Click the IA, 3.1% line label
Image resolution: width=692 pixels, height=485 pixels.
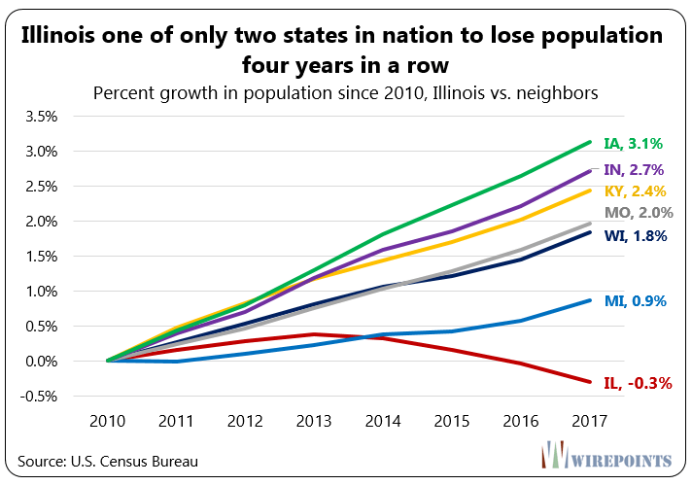(x=633, y=144)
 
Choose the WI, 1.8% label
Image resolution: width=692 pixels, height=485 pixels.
(x=634, y=234)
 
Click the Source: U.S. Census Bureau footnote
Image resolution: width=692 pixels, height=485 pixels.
(x=114, y=461)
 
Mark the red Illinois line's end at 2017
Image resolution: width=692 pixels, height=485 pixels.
(x=588, y=381)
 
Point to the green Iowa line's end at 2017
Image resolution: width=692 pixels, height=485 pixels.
(x=588, y=142)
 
